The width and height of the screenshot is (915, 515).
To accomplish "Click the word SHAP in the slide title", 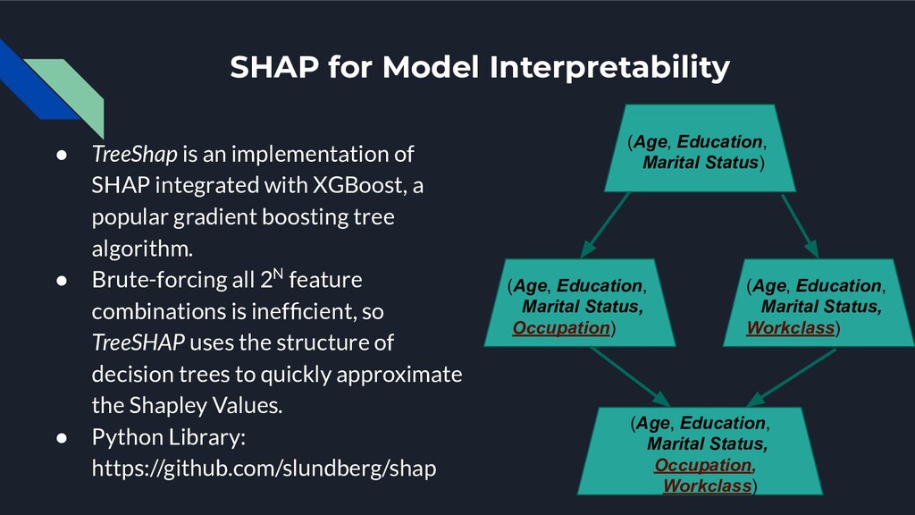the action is click(x=273, y=66).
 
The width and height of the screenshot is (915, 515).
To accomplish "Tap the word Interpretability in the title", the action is click(x=609, y=68).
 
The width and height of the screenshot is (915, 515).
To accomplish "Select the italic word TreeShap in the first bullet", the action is click(x=134, y=154).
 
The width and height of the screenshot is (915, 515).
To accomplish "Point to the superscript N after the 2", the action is click(x=279, y=273).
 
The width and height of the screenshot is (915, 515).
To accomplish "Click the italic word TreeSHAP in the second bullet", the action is click(x=138, y=342).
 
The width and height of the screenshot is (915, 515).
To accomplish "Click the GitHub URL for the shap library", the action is click(x=264, y=469).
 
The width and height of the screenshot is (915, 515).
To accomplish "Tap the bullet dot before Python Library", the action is click(x=62, y=438).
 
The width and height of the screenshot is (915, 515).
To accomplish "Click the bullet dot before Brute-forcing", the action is click(x=62, y=280).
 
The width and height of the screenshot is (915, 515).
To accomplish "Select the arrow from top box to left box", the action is click(x=605, y=224).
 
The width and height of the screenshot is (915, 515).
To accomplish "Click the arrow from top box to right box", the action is click(x=800, y=225).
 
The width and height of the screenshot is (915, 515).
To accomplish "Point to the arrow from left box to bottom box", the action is click(x=630, y=376).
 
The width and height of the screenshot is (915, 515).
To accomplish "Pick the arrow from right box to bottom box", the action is click(x=791, y=377).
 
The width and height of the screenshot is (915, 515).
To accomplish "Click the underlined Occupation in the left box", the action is click(x=561, y=327).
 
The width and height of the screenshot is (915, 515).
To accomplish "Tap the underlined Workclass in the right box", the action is click(x=790, y=327).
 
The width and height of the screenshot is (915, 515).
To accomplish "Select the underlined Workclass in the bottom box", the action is click(x=707, y=485).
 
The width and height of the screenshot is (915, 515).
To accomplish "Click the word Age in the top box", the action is click(x=651, y=141).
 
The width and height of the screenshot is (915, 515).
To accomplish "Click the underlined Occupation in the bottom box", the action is click(x=702, y=465).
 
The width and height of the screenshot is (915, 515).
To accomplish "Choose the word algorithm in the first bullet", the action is click(x=141, y=249).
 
